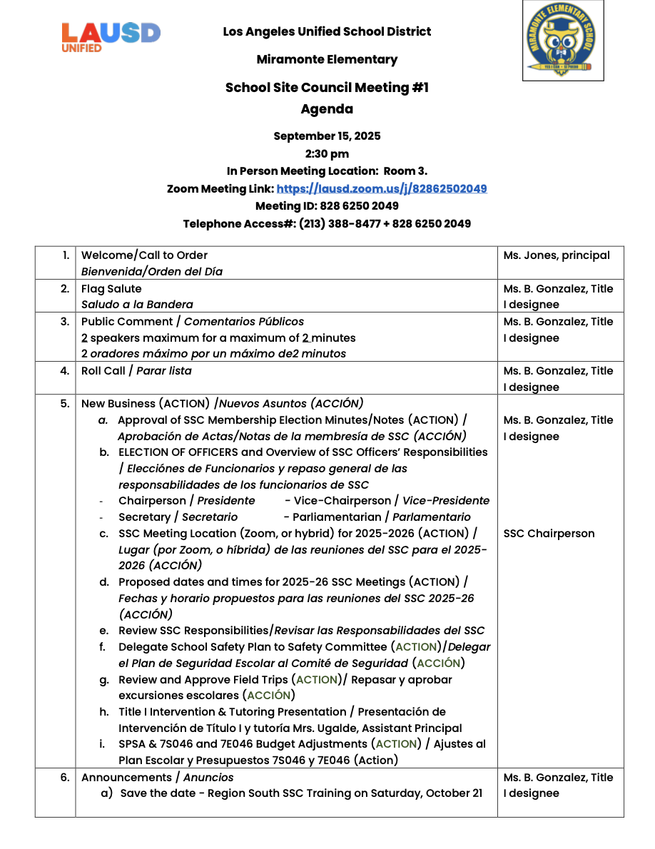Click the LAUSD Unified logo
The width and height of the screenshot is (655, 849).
tap(111, 36)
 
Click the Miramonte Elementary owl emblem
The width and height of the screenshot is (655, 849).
tap(562, 41)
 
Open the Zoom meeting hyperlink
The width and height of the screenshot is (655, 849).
tap(381, 189)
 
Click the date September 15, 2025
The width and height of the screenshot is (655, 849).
tap(327, 136)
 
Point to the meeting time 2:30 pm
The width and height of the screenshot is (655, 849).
tap(327, 153)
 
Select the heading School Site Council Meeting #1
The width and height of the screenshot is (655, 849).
tap(327, 88)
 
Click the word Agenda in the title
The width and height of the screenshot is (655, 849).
tap(327, 109)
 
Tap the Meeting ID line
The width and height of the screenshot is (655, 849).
tap(327, 206)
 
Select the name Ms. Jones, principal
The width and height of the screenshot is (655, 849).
tap(557, 255)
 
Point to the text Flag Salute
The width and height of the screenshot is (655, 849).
tap(111, 289)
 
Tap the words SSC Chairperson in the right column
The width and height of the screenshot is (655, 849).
tap(549, 534)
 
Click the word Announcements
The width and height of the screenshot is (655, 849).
tap(126, 778)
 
